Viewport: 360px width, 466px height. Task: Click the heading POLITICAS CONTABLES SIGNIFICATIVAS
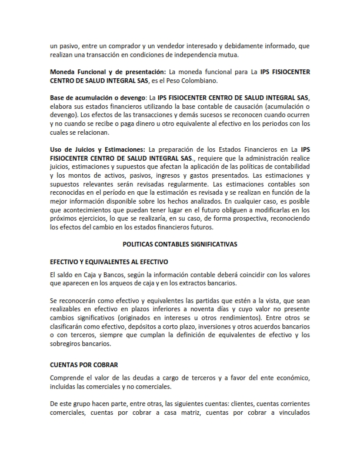[179, 242]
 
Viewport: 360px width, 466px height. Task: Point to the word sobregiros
[68, 343]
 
